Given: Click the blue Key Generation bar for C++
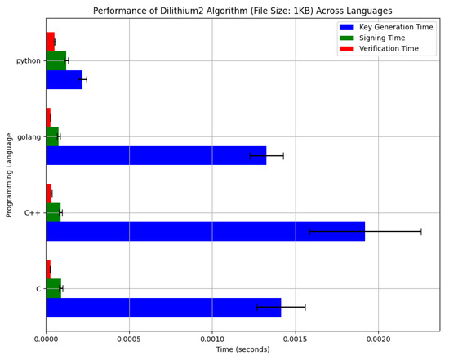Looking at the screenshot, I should tap(205, 231).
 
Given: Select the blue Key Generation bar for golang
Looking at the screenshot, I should tap(156, 155).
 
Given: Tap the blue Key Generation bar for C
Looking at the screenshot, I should tap(163, 307).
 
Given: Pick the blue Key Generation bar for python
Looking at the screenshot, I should tap(64, 79).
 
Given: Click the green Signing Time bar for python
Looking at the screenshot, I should tap(56, 60).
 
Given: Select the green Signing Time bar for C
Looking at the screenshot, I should tap(53, 288).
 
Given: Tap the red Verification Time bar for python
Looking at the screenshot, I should tap(50, 42).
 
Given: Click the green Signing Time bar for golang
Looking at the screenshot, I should tap(52, 136).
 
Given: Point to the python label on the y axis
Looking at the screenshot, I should tap(28, 61).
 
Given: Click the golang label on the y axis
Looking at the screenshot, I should tap(28, 137).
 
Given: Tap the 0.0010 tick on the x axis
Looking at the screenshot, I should tap(212, 338).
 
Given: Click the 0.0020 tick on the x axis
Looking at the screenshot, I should tap(378, 338).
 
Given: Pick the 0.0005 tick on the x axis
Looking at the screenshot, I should tap(129, 338).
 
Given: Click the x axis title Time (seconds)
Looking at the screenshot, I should tap(242, 350).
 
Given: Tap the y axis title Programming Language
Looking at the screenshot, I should tap(10, 175).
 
